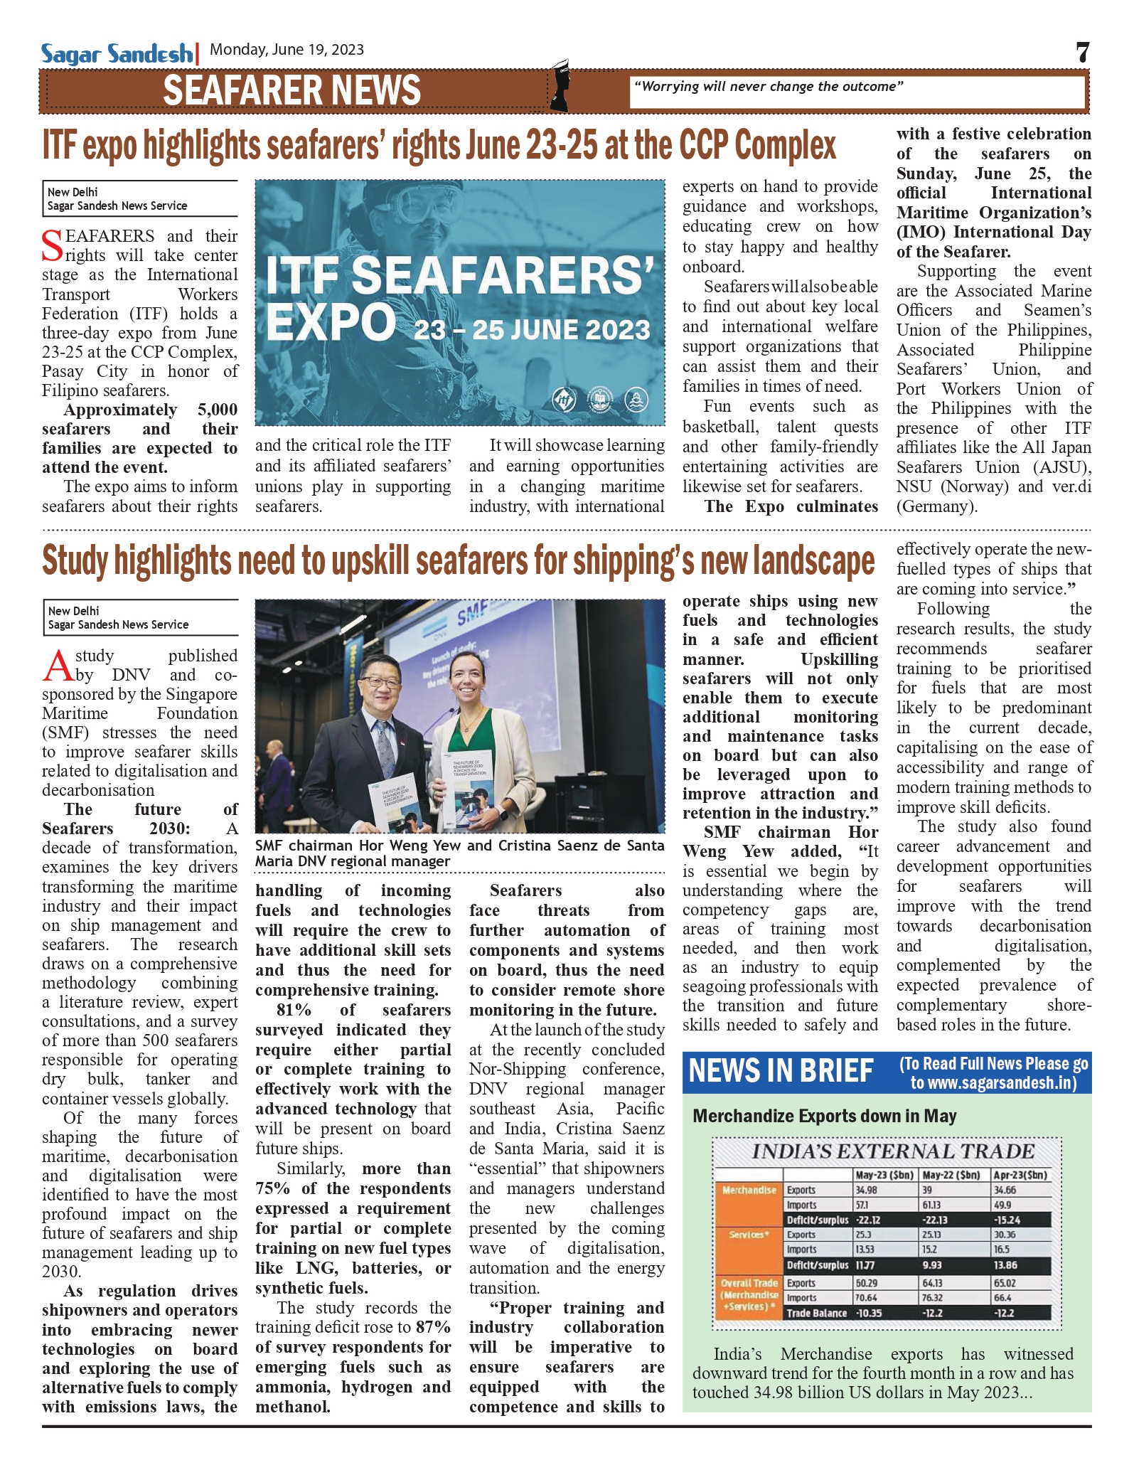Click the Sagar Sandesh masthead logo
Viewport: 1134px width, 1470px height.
pos(116,54)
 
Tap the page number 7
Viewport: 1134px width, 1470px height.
pos(1082,53)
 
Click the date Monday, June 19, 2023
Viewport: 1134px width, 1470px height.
pos(287,50)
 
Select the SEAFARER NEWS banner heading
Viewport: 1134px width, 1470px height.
pos(291,91)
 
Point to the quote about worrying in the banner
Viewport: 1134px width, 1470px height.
pos(768,87)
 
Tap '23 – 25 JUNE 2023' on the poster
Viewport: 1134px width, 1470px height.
pos(532,330)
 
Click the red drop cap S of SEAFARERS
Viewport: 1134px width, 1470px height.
pos(53,246)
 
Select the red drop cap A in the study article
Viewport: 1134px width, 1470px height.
pos(58,666)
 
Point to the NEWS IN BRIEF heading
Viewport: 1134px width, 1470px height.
pos(781,1071)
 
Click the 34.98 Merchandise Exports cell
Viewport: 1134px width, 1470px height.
pos(867,1190)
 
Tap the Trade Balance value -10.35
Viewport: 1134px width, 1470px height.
pos(868,1313)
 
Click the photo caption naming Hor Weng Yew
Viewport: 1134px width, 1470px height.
pos(459,853)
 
